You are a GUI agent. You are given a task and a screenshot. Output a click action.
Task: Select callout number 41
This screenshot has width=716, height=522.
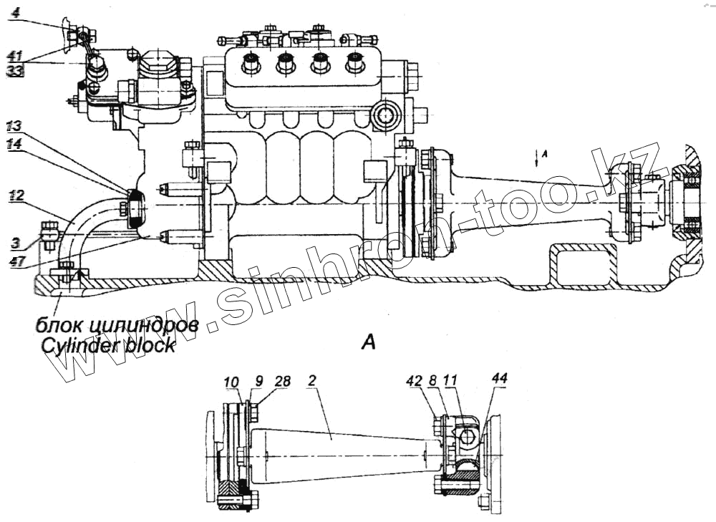(14, 55)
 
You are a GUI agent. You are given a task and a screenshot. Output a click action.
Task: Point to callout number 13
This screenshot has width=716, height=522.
(15, 127)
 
